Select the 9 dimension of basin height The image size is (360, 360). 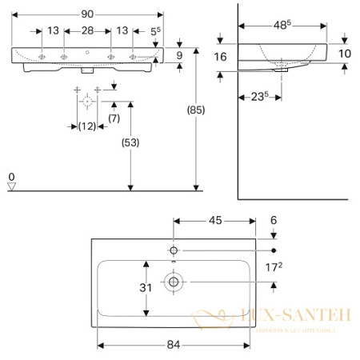[181, 54]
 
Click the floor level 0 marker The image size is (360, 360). [10, 176]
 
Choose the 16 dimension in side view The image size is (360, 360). [222, 57]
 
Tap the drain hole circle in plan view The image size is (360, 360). [172, 281]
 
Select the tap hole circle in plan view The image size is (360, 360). [173, 250]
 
